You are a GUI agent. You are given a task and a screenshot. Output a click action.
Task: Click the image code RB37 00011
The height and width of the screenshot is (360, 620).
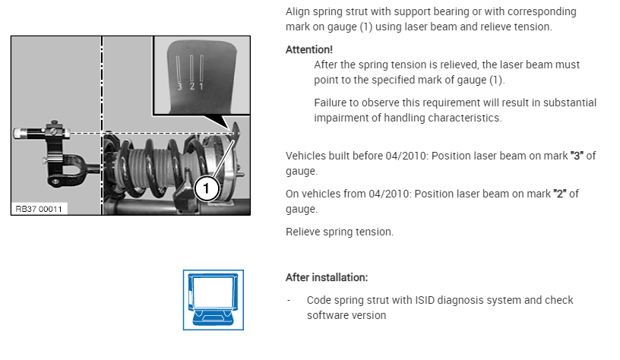[39, 207]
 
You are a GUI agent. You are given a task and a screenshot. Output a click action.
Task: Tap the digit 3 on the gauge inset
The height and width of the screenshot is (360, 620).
[181, 86]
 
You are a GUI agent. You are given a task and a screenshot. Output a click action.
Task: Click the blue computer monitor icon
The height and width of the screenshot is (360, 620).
[214, 299]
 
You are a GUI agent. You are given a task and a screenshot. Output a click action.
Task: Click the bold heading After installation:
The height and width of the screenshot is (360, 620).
[327, 278]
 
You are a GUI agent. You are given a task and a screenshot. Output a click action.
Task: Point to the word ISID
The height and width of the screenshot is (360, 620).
[427, 300]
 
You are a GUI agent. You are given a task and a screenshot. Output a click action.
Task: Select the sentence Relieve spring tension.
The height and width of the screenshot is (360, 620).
[340, 232]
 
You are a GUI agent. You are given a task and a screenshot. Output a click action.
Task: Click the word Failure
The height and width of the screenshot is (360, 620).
[331, 103]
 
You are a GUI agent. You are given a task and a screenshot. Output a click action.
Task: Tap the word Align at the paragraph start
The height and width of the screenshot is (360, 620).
[299, 12]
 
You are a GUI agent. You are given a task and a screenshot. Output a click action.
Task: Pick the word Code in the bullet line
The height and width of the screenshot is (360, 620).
[320, 300]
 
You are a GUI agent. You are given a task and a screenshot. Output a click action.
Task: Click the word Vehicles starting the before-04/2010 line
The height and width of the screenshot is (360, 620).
[308, 156]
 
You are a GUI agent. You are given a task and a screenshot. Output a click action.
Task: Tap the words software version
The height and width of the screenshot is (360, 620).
[347, 315]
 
